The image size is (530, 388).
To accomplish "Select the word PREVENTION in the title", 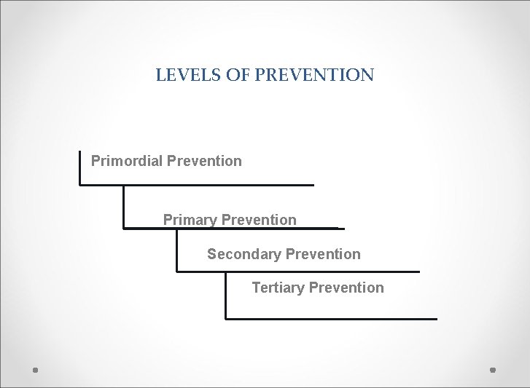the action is coord(314,74).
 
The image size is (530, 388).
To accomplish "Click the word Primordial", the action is coord(127,161).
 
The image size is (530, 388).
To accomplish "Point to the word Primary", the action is coord(190,220).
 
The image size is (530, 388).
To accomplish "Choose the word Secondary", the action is coord(244,254).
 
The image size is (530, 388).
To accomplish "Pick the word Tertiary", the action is coord(278,288).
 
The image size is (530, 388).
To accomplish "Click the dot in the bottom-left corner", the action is coord(36,370).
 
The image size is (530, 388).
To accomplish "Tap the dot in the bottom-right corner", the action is coord(492,370).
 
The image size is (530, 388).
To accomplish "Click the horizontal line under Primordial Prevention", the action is coord(197,185).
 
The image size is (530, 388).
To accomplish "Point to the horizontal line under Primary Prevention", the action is coord(233,229).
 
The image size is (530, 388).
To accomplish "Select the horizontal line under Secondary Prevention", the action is coord(299,272).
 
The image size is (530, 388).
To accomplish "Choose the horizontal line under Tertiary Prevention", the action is coord(332,319).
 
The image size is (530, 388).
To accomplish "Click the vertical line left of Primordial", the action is coord(79,167).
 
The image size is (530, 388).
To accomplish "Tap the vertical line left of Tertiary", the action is coord(225,295).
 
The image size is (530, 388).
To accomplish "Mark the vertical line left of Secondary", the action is coord(177,250).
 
